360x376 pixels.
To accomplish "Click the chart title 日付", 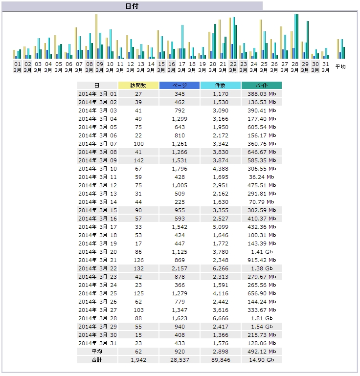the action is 132,6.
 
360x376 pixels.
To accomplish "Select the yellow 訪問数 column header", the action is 138,86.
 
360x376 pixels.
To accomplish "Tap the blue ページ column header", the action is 180,86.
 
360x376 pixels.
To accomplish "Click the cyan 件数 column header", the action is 221,86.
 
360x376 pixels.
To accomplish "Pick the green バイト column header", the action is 262,86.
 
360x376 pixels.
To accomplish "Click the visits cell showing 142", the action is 138,160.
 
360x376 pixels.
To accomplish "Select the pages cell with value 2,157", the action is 180,268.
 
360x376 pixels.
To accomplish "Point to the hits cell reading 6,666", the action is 221,318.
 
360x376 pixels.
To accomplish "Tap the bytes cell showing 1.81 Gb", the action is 262,318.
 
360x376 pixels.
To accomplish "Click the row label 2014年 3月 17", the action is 98,227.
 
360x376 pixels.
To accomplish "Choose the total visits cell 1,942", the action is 138,360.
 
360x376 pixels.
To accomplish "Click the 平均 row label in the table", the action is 97,352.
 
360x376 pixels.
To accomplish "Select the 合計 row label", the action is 97,360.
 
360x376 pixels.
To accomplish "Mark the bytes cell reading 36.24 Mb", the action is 262,177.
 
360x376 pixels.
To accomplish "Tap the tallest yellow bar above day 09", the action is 96,37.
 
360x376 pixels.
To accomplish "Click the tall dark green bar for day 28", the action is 297,37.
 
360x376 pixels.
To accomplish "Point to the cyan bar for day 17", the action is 182,42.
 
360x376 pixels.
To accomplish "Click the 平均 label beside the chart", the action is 340,66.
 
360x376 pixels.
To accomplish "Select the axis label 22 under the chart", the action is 233,64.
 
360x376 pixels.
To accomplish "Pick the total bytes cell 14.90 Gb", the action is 262,360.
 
